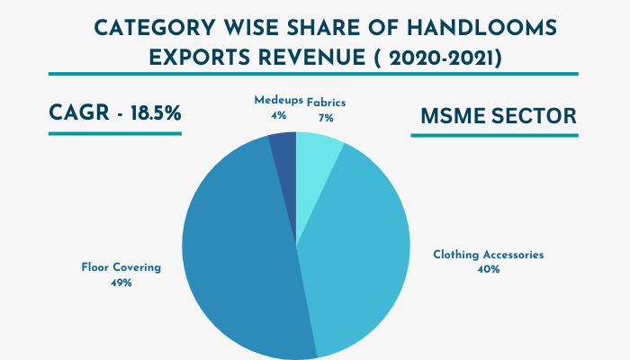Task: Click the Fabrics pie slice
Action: [x=317, y=151]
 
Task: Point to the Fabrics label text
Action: [x=325, y=102]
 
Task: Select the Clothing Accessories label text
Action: [x=489, y=255]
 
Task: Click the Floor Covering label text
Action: [x=121, y=267]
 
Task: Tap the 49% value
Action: [x=121, y=283]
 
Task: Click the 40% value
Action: [x=489, y=270]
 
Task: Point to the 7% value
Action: [x=325, y=117]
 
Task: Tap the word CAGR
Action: [x=74, y=114]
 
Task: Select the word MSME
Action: [x=452, y=117]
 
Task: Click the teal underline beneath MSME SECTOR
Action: [x=494, y=136]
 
